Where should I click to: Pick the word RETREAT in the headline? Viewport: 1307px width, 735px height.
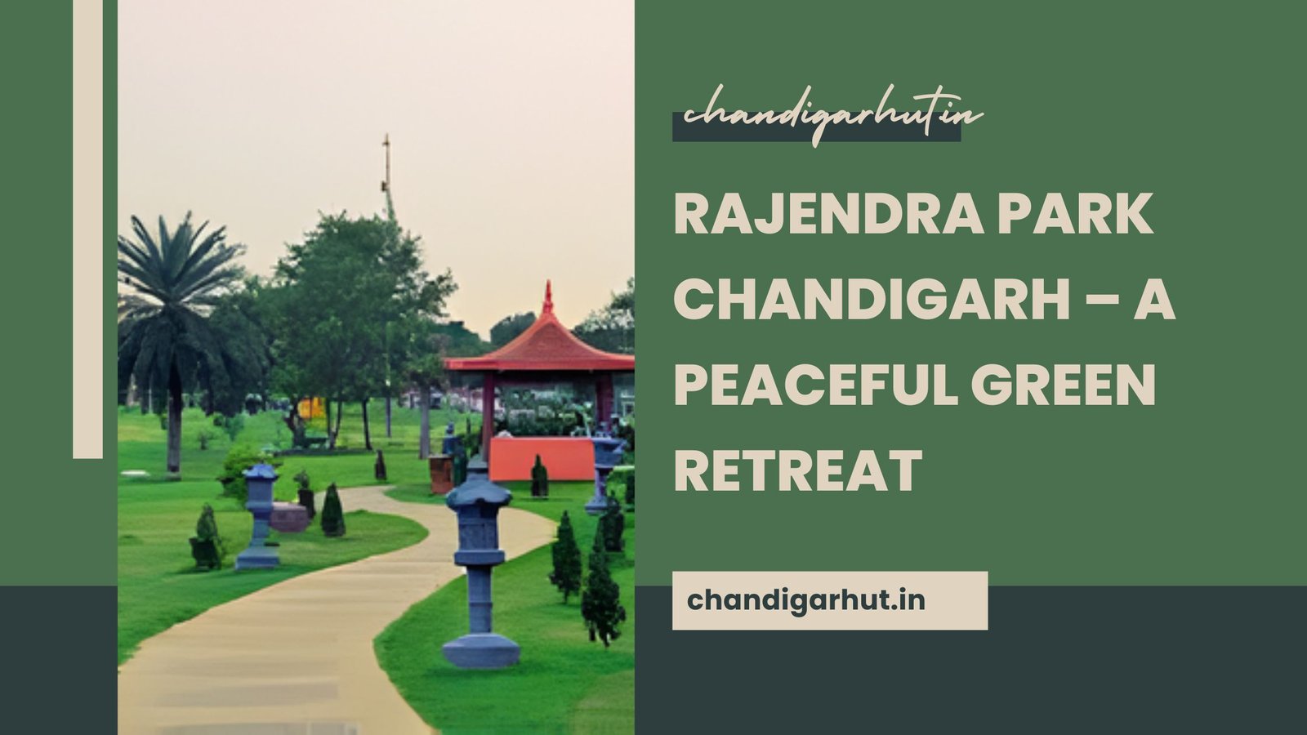(x=798, y=471)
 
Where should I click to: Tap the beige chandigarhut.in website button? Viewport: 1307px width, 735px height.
(x=829, y=601)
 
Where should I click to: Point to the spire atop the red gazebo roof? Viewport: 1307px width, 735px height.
(x=547, y=297)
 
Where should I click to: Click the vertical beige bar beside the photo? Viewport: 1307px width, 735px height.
(x=87, y=229)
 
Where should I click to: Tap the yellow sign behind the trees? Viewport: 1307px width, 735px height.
(x=310, y=408)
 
